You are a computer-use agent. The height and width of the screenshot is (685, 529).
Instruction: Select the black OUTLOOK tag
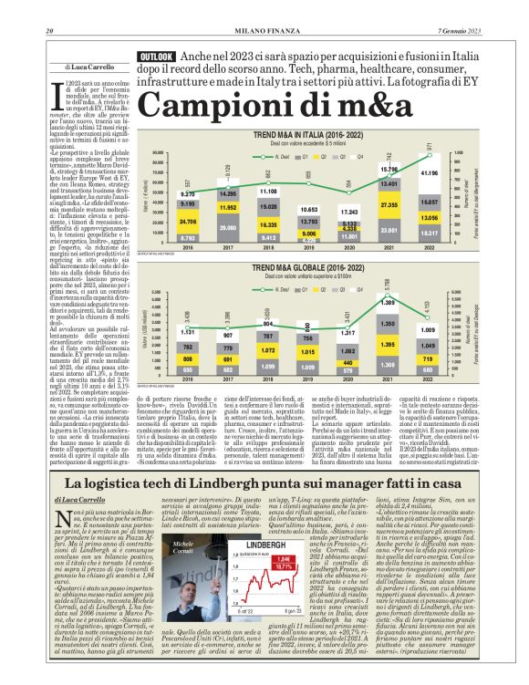pyautogui.click(x=157, y=57)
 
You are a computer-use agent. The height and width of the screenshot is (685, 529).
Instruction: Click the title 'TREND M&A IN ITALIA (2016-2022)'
pyautogui.click(x=308, y=134)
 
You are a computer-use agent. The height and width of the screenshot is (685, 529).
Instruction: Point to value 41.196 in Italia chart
pyautogui.click(x=428, y=173)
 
